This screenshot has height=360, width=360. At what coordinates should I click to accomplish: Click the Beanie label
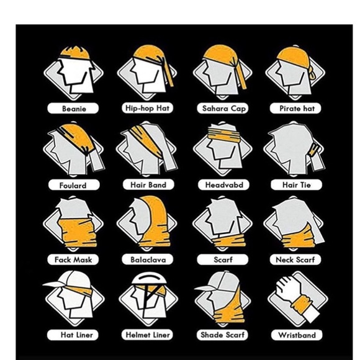pos(74,109)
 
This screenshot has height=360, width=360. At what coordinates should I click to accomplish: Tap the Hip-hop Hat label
pos(147,108)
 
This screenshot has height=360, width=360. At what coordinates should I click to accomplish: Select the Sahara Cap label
pos(224,109)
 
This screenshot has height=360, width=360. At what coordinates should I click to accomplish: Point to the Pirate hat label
pos(297,109)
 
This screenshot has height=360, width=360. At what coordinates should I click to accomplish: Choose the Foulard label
pos(74,185)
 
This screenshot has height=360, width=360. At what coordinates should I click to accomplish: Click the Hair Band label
pos(148,184)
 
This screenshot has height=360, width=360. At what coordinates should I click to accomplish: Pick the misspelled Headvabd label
pos(223,185)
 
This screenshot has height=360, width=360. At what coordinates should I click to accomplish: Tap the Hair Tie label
pos(297,184)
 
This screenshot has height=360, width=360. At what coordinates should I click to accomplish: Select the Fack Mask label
pos(74,260)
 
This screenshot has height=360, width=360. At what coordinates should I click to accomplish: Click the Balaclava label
pos(147,260)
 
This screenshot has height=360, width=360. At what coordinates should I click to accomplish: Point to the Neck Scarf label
pos(297,260)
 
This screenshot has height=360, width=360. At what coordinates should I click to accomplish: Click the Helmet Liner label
pos(148,335)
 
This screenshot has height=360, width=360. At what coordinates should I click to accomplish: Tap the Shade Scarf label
pos(223,335)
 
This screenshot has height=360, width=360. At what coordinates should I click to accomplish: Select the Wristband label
pos(297,335)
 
